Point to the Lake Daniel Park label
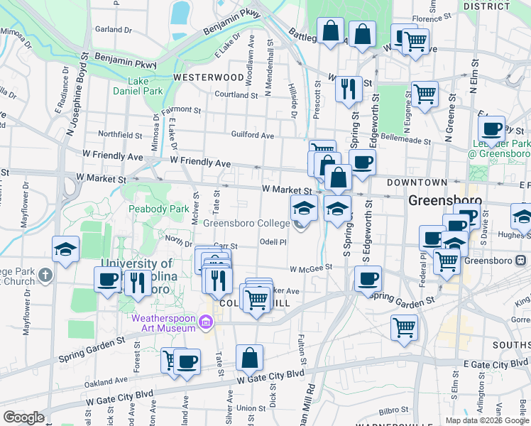138,86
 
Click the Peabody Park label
158,209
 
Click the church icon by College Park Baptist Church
45,274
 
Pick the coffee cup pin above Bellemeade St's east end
491,129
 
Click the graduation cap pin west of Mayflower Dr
66,249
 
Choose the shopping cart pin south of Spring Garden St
404,328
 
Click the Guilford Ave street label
252,135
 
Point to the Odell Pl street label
273,241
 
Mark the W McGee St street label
311,268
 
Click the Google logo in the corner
23,417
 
